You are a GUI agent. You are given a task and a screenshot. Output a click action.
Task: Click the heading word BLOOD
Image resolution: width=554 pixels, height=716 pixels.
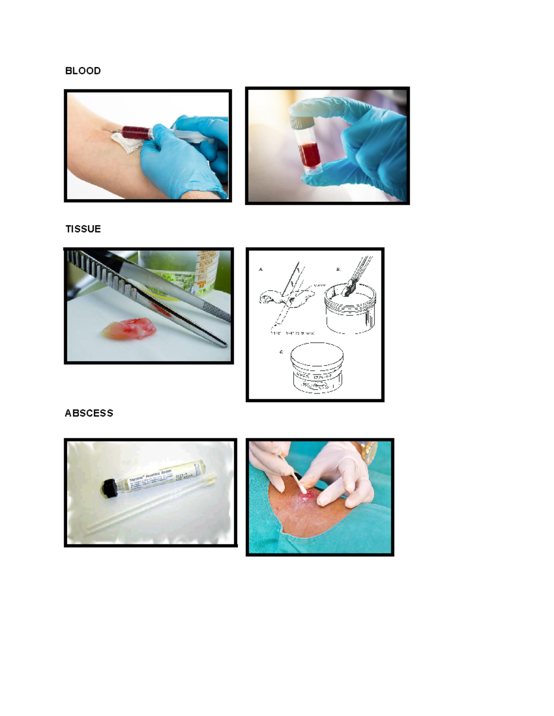[x=83, y=71]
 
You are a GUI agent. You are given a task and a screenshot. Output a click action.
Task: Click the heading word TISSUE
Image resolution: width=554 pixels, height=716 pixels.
[x=83, y=229]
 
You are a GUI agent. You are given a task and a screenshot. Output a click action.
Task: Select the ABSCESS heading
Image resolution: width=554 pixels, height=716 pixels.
[x=89, y=413]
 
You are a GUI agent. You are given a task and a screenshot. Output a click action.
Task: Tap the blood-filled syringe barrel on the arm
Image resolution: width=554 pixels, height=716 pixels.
[x=136, y=132]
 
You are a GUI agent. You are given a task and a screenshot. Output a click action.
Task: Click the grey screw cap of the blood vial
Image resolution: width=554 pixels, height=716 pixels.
[x=301, y=123]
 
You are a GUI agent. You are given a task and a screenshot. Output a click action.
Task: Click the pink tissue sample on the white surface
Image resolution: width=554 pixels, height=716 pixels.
[x=129, y=329]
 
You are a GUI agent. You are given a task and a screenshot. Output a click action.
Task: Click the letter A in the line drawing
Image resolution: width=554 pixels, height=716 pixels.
[x=261, y=269]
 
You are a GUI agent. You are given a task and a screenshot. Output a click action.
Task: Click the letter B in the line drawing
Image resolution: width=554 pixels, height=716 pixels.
[x=338, y=269]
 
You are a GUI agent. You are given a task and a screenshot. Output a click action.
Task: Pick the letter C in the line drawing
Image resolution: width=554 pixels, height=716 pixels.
[x=281, y=352]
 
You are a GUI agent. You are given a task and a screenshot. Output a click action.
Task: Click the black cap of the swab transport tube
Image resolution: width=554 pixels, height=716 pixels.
[x=109, y=488]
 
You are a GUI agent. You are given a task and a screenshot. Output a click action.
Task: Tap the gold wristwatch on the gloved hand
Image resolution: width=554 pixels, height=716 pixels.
[x=370, y=452]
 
